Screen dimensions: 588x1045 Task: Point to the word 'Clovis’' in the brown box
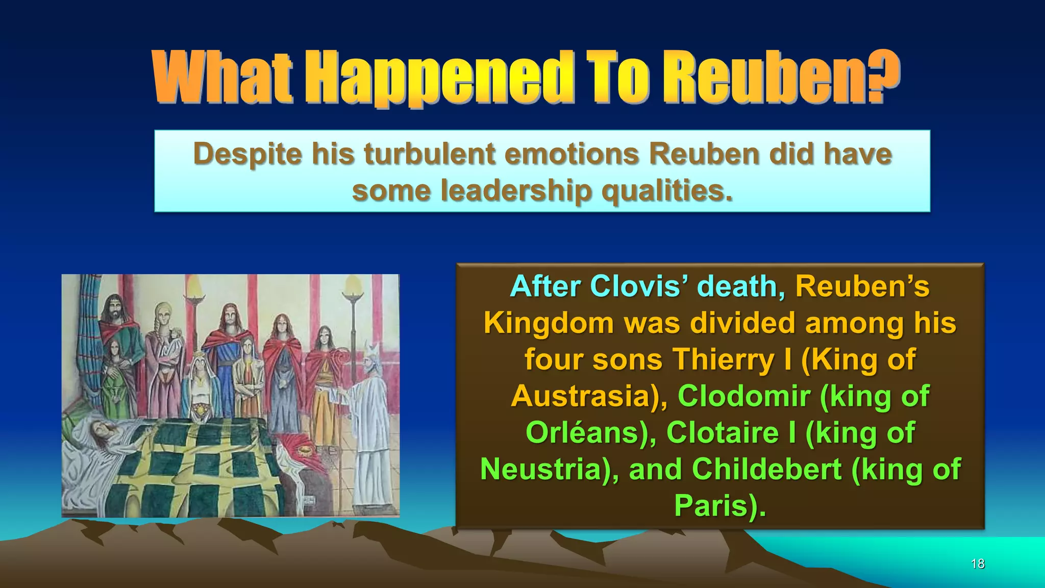tap(639, 286)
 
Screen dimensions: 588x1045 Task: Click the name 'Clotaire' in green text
tap(724, 433)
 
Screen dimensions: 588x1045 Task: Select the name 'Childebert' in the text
tap(766, 470)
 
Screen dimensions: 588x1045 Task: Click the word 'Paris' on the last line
tap(711, 506)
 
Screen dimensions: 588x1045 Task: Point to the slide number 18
tap(978, 564)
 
